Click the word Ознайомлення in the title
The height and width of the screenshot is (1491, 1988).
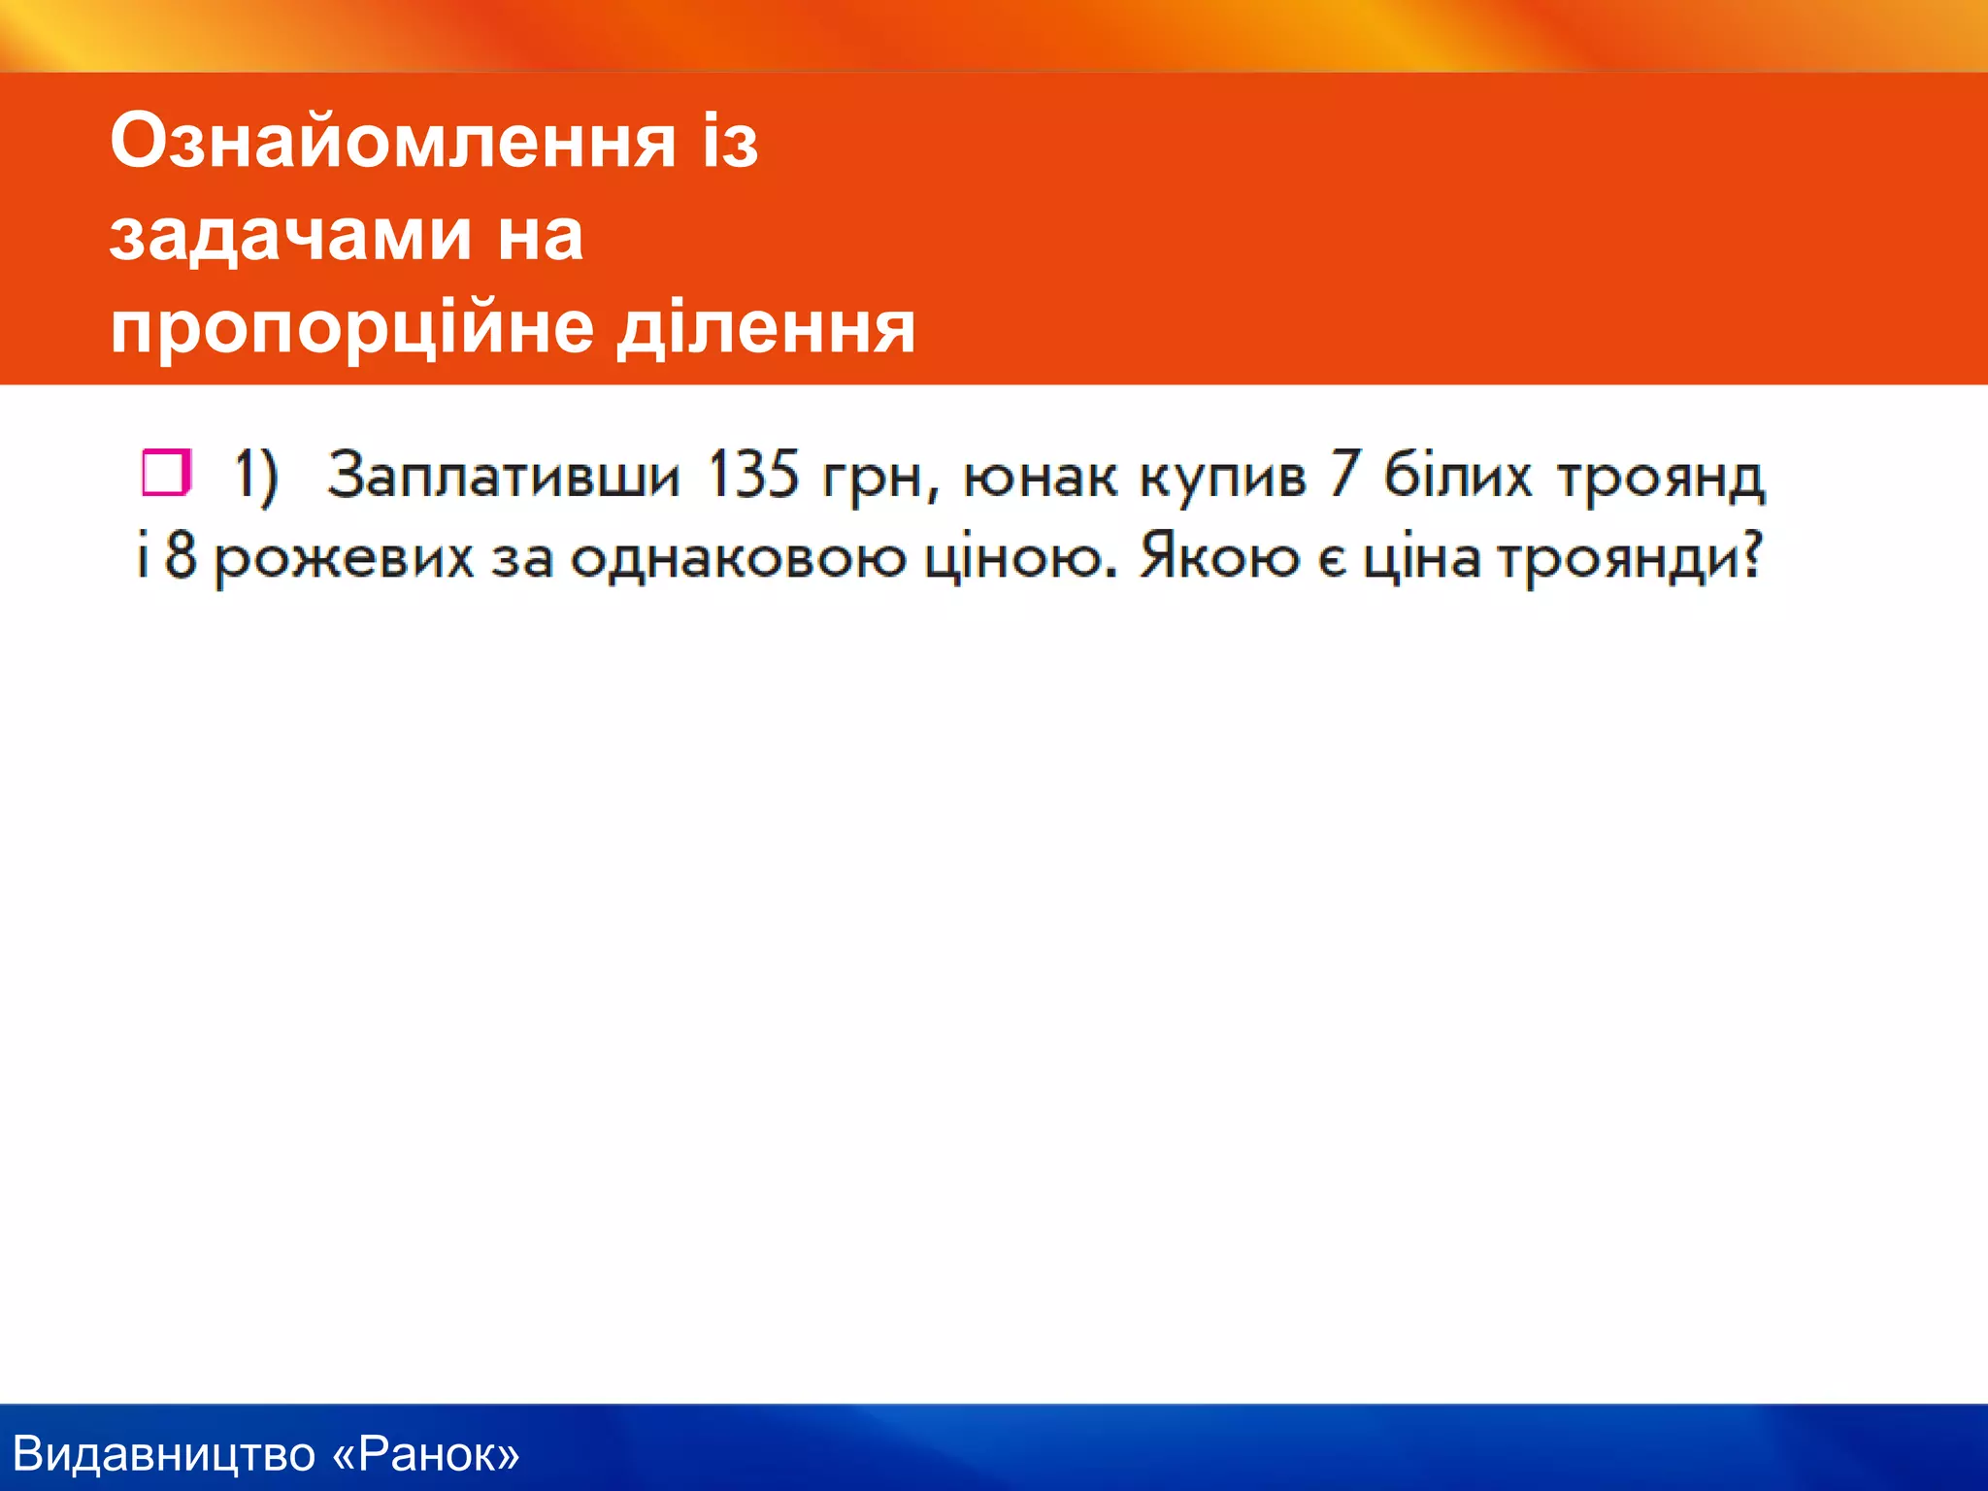tap(392, 142)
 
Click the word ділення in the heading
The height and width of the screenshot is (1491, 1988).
tap(767, 328)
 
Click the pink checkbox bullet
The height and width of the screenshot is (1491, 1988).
tap(166, 473)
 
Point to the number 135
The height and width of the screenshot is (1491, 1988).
tap(752, 476)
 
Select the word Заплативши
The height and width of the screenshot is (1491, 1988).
tap(503, 476)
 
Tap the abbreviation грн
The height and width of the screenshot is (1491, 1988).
tap(878, 479)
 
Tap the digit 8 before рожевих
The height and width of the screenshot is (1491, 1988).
tap(181, 557)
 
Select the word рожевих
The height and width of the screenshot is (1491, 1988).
tap(344, 561)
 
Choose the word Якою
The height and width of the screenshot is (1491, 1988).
tap(1219, 557)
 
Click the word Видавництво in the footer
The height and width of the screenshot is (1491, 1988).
tap(164, 1454)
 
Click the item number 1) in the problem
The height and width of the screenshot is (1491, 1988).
tap(256, 477)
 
